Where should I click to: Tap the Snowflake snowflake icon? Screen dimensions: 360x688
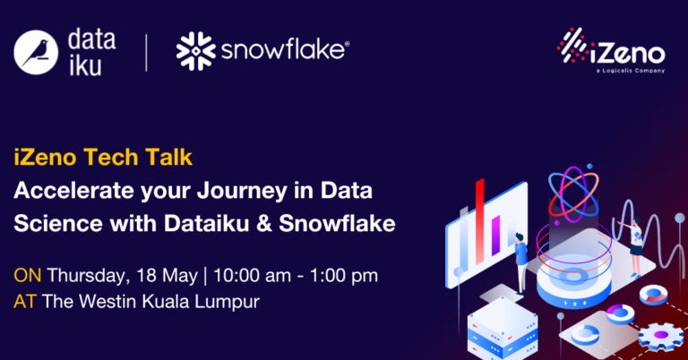(196, 51)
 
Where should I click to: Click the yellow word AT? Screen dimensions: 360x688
(24, 301)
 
